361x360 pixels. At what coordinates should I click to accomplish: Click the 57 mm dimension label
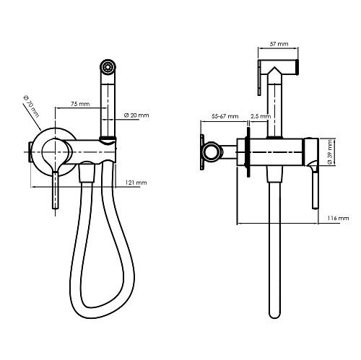click(x=279, y=44)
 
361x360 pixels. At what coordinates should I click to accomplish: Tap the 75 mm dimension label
click(x=80, y=104)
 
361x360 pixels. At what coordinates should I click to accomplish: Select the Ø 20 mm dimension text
click(x=136, y=115)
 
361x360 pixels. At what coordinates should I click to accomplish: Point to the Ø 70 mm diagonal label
click(x=31, y=106)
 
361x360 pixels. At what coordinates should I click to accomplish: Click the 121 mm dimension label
click(x=136, y=183)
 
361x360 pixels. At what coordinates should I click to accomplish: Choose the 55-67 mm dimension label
click(x=225, y=116)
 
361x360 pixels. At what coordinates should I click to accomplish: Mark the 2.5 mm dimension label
click(x=261, y=116)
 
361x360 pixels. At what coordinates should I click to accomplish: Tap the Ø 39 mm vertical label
click(x=330, y=152)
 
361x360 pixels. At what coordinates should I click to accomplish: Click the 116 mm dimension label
click(x=338, y=218)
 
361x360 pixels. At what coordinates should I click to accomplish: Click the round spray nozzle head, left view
click(x=108, y=66)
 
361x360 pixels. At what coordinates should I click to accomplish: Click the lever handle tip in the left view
click(x=56, y=207)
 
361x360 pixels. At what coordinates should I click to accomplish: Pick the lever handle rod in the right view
click(x=316, y=189)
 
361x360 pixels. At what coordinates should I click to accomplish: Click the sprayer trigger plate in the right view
click(x=259, y=78)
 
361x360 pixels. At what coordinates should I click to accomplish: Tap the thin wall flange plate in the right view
click(x=248, y=152)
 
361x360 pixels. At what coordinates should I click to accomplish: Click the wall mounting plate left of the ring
click(x=202, y=152)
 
